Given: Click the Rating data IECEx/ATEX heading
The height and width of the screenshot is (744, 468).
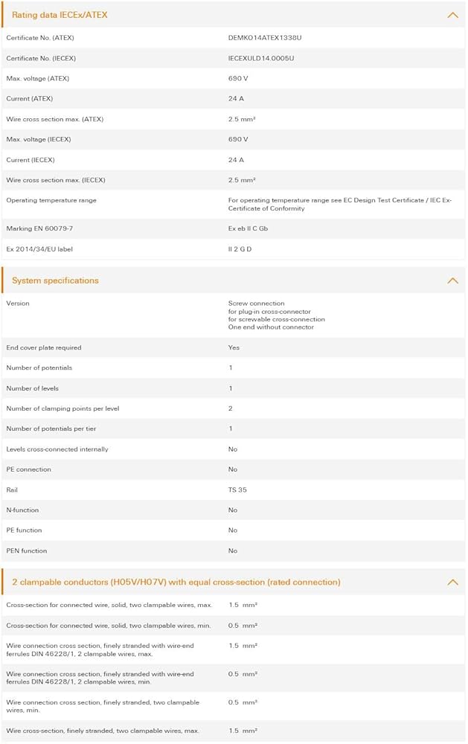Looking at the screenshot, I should [x=60, y=15].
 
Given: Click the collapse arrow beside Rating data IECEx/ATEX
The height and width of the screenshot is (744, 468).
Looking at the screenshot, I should [x=452, y=15].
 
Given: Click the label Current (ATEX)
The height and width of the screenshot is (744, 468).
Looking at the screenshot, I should [x=29, y=98].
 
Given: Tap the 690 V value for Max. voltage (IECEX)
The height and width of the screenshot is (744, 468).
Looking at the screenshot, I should [x=238, y=139].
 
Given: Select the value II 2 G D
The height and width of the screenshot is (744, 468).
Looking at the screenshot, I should [x=240, y=248].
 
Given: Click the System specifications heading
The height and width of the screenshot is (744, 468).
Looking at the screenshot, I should [x=55, y=280].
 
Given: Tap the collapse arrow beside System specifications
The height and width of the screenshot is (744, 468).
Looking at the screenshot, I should [x=452, y=280].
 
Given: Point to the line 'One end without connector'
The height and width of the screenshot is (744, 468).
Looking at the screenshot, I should [x=271, y=327].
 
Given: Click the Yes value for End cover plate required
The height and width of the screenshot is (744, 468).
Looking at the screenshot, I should [x=234, y=347].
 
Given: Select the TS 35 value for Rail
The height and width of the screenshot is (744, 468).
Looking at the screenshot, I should [x=237, y=490].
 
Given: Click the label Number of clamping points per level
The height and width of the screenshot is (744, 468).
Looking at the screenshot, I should [x=62, y=408].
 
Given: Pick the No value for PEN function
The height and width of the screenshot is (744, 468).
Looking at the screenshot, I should [x=233, y=551].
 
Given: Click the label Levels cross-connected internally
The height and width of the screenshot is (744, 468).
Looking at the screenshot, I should [x=57, y=449].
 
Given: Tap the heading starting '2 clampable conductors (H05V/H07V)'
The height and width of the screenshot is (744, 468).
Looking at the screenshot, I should [x=176, y=582].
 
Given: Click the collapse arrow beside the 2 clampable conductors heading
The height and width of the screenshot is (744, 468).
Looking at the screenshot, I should [x=452, y=582].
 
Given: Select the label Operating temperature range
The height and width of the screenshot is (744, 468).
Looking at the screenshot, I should [x=51, y=200].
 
